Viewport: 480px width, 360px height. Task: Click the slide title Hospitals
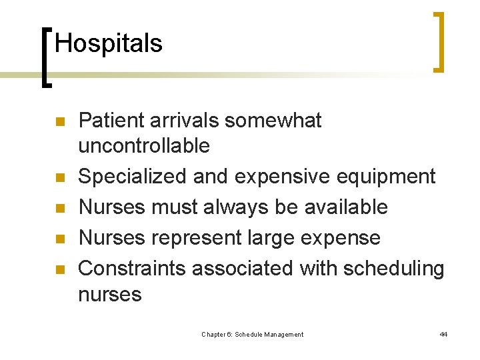click(109, 44)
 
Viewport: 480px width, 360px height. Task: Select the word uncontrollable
click(144, 146)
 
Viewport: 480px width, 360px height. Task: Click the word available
click(346, 207)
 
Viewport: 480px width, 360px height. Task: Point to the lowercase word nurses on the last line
click(110, 294)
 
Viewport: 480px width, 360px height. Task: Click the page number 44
click(443, 335)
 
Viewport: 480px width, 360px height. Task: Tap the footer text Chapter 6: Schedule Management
click(253, 335)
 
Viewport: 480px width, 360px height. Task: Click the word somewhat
click(273, 121)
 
